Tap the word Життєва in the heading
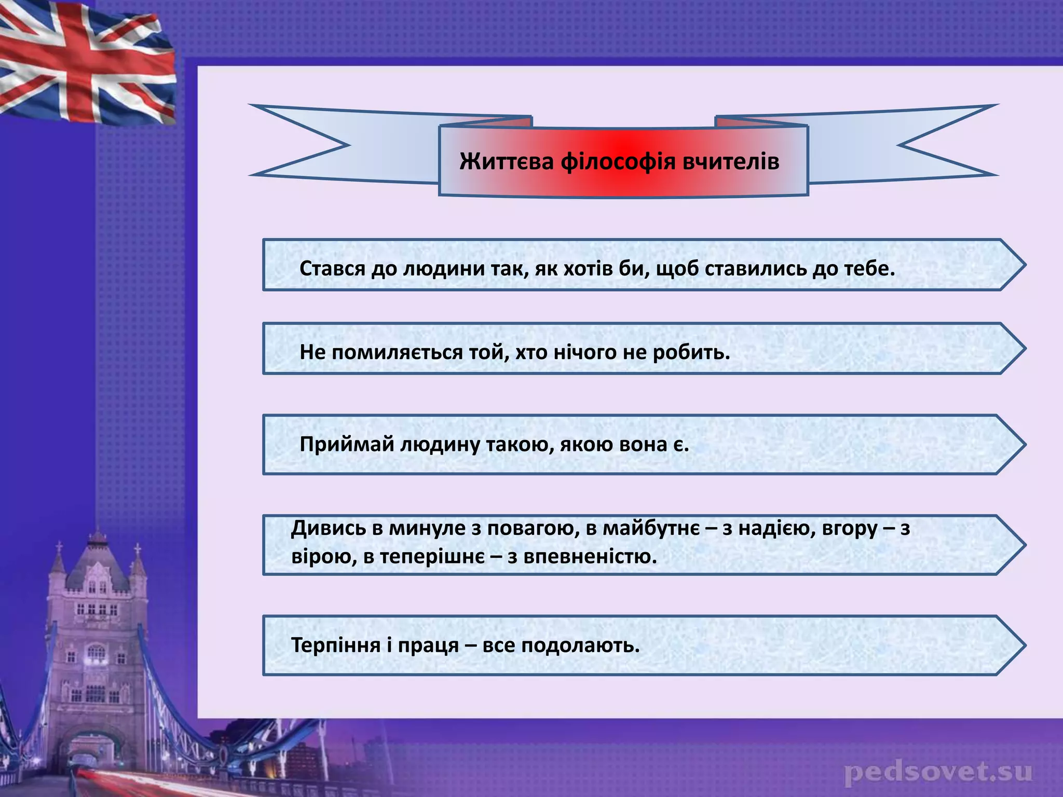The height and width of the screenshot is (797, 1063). click(x=507, y=161)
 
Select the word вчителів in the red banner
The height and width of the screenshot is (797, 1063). click(x=731, y=161)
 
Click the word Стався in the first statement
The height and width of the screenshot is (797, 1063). click(x=332, y=269)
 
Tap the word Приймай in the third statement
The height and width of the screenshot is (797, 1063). click(x=346, y=445)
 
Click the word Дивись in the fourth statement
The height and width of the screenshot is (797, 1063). click(x=328, y=529)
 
